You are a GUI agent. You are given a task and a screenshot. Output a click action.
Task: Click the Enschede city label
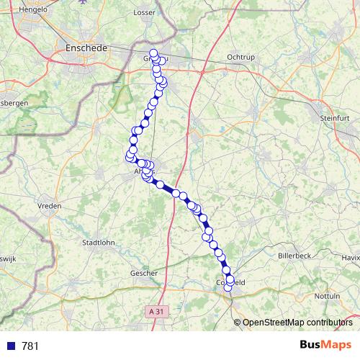pos(86,48)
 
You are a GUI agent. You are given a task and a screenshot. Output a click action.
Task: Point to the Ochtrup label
pos(240,56)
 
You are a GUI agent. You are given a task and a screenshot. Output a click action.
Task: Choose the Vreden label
pos(49,206)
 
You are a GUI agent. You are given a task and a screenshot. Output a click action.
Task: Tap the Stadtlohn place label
pos(101,243)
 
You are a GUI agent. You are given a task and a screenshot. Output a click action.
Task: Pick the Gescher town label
pos(143,274)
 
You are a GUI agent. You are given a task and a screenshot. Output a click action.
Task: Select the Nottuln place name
pos(328,296)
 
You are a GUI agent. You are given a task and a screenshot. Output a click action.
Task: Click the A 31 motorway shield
pos(154,311)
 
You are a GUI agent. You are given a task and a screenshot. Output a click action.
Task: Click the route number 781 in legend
pos(30,346)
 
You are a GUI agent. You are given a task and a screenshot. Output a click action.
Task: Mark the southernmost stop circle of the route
pos(228,287)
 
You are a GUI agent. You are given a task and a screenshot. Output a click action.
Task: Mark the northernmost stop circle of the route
pos(153,53)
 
